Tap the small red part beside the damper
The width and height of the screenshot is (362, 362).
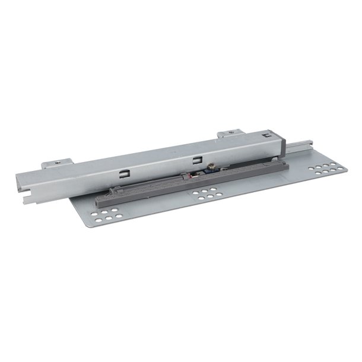189,175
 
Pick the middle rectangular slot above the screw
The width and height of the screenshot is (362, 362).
197,159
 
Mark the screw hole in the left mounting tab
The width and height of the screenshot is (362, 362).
58,161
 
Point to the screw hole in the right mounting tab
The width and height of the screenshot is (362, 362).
233,134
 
